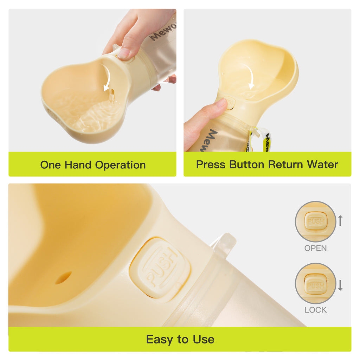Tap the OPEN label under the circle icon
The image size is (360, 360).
[315, 248]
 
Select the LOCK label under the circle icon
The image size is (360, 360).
[315, 310]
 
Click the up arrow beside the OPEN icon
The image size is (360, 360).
[340, 221]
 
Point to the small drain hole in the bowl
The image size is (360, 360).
[63, 278]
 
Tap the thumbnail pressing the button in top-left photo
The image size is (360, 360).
[124, 53]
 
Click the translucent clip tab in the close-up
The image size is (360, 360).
[224, 242]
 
